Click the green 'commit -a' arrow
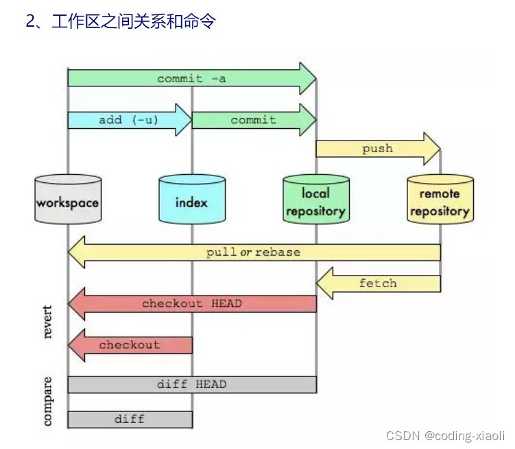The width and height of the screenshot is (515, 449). pyautogui.click(x=191, y=78)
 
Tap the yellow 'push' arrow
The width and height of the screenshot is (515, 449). pyautogui.click(x=378, y=149)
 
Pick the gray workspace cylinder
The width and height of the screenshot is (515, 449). pyautogui.click(x=68, y=199)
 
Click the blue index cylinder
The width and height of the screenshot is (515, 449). pyautogui.click(x=192, y=199)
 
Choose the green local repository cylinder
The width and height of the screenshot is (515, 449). pyautogui.click(x=316, y=199)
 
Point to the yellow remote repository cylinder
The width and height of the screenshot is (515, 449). pyautogui.click(x=440, y=199)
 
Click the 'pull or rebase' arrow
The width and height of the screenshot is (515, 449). pyautogui.click(x=254, y=252)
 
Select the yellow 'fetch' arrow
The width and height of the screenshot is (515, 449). pyautogui.click(x=378, y=283)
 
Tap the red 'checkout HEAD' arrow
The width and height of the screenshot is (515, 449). pyautogui.click(x=192, y=303)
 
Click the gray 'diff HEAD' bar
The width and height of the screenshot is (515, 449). pyautogui.click(x=192, y=385)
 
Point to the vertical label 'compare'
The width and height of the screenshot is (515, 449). pyautogui.click(x=47, y=400)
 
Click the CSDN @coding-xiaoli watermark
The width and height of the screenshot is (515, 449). pyautogui.click(x=445, y=435)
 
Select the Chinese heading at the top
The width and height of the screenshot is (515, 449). pyautogui.click(x=121, y=21)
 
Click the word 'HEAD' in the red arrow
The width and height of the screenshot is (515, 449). pyautogui.click(x=226, y=303)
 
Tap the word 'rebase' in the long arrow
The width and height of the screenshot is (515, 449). pyautogui.click(x=278, y=252)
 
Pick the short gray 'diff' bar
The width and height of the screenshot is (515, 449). pyautogui.click(x=130, y=418)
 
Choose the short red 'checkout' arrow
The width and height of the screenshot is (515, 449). pyautogui.click(x=130, y=345)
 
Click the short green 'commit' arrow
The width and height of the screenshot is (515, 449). pyautogui.click(x=254, y=120)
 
